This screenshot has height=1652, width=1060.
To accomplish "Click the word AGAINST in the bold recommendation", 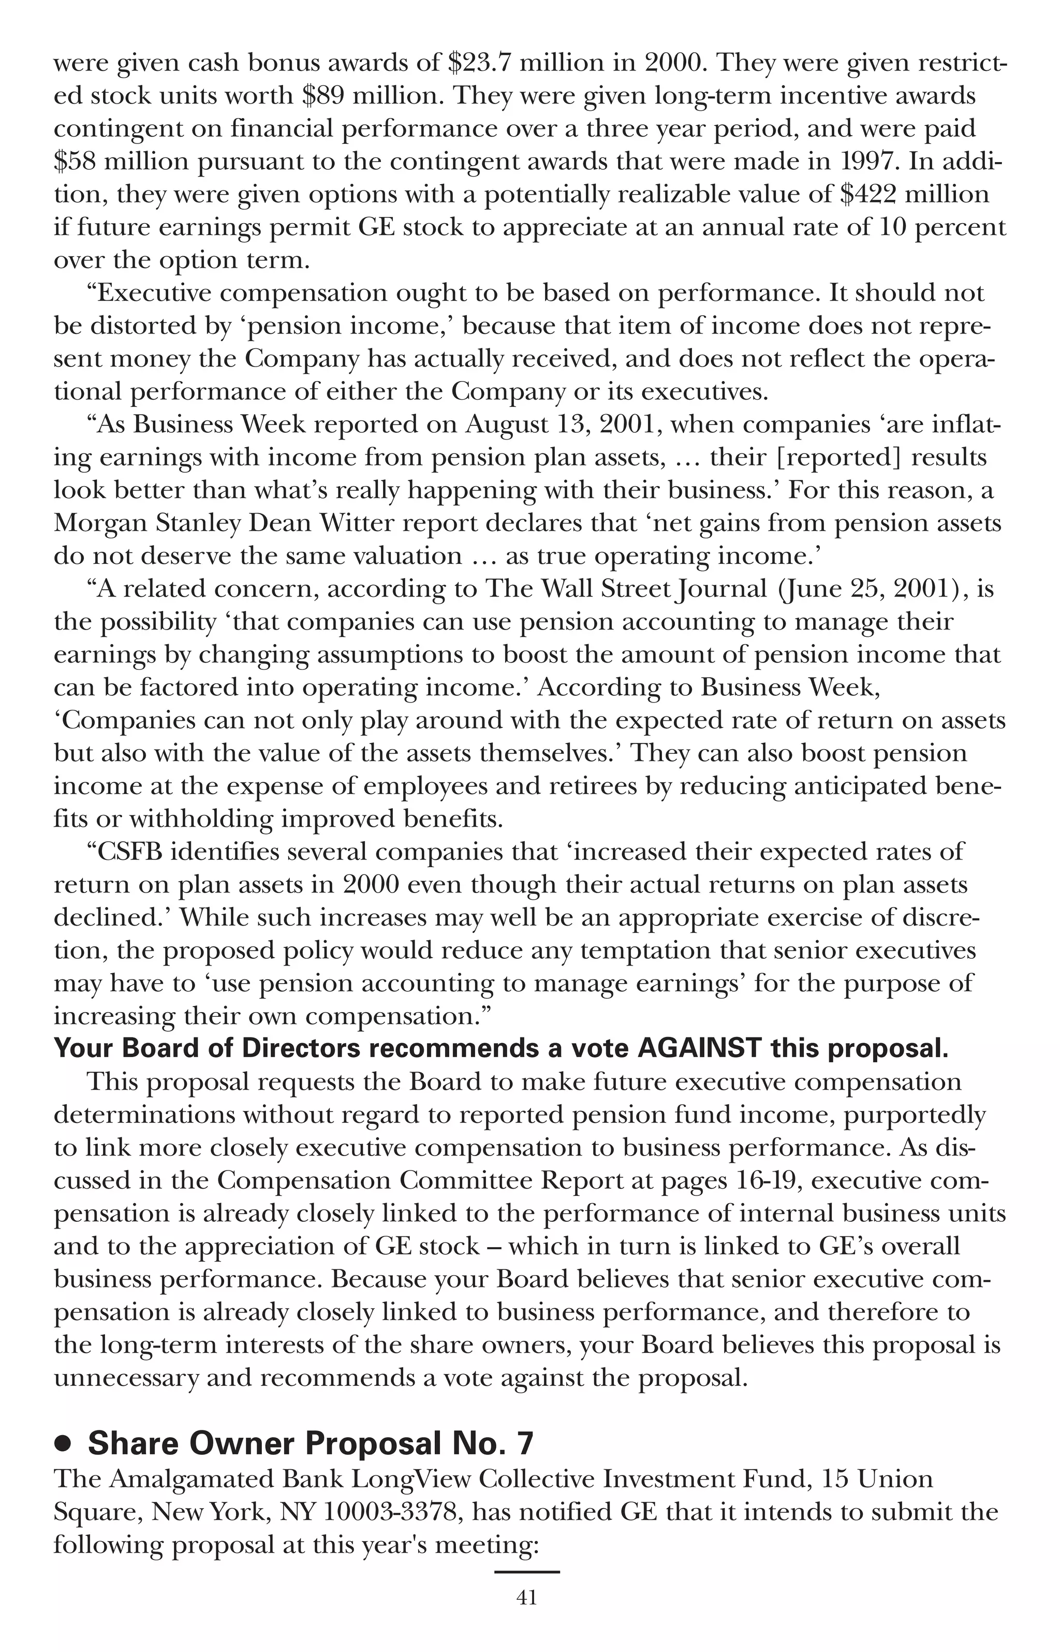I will coord(699,1048).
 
